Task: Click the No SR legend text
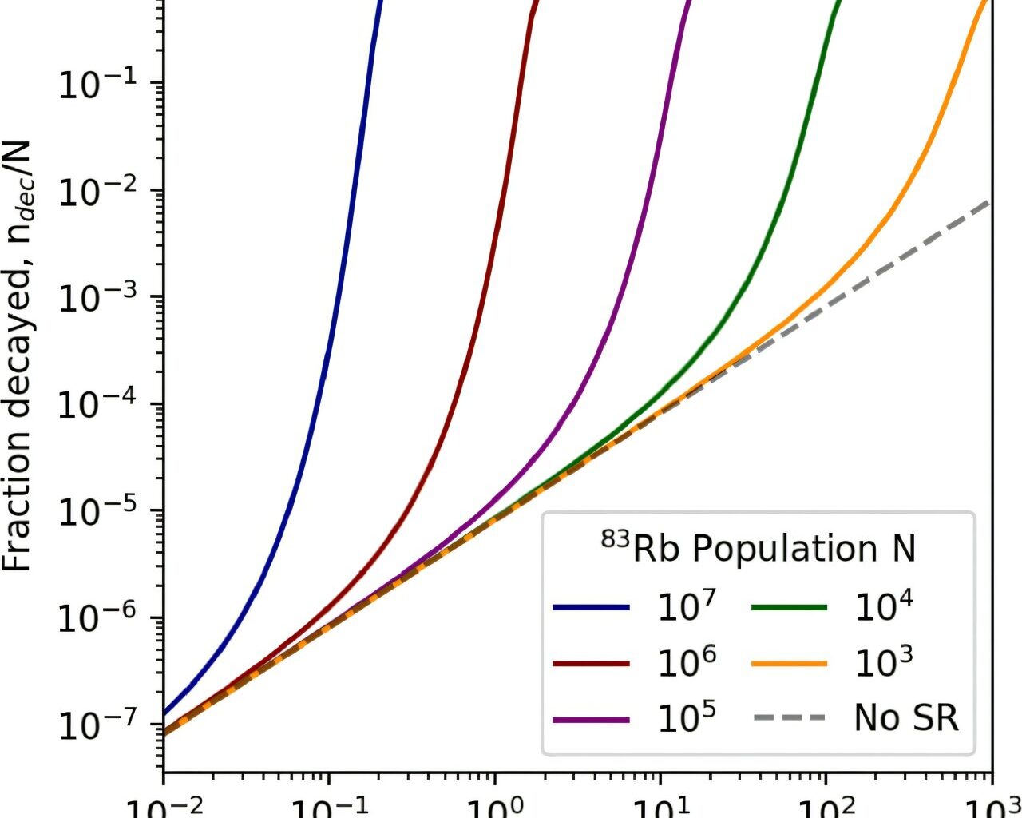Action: pos(905,718)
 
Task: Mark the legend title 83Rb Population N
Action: pos(758,549)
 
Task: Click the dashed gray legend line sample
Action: pos(789,718)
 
